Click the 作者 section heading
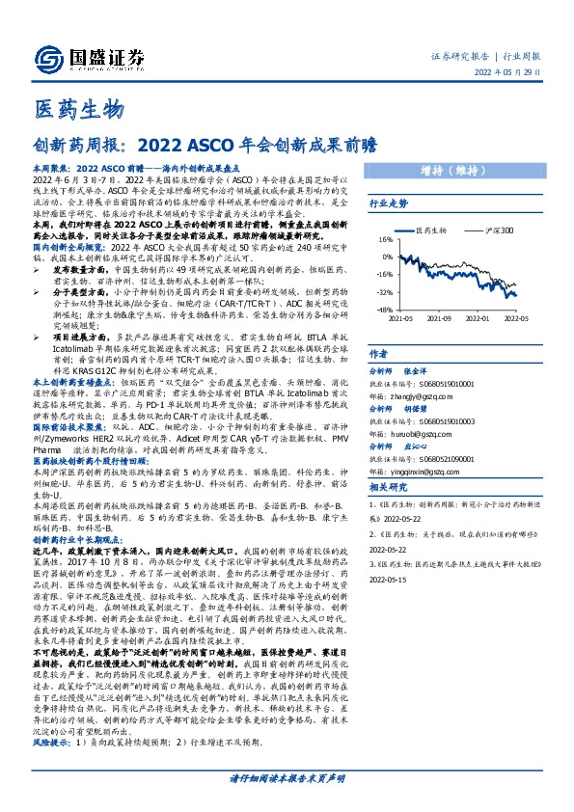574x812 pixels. pyautogui.click(x=379, y=355)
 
